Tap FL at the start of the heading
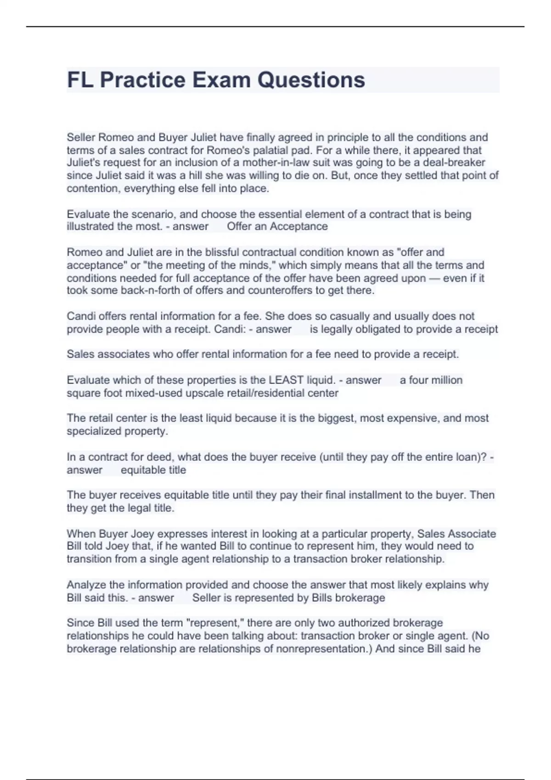coord(81,80)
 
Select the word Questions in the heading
coord(311,80)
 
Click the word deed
coord(158,457)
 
